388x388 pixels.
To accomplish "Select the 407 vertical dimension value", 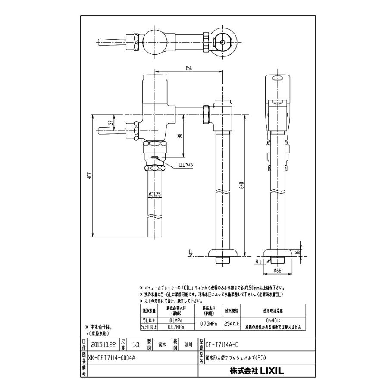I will point(89,176).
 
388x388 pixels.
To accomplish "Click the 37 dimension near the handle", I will point(110,122).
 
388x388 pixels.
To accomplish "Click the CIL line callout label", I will point(186,165).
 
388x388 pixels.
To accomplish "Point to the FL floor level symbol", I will point(190,253).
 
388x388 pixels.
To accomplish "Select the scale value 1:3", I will point(137,345).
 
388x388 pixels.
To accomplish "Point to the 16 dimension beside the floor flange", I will point(297,252).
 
